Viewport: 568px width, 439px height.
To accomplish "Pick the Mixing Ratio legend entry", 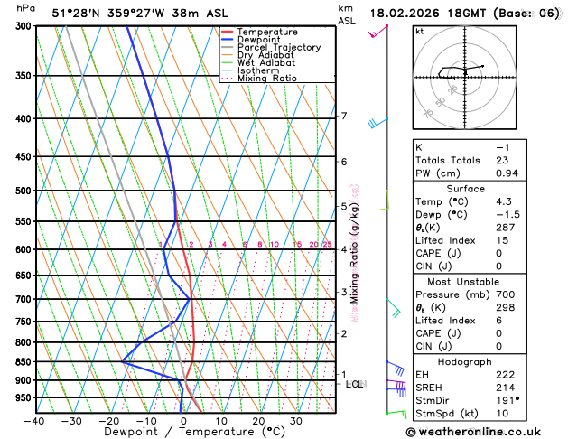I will pos(266,79).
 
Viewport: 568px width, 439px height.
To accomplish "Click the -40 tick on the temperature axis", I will pos(34,420).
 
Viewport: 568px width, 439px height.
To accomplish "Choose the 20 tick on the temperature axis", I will pos(258,420).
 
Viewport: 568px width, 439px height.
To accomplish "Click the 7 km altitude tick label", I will pos(343,116).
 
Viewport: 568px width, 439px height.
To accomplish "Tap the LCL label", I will pos(355,384).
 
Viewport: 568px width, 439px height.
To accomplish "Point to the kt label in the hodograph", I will pos(419,31).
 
